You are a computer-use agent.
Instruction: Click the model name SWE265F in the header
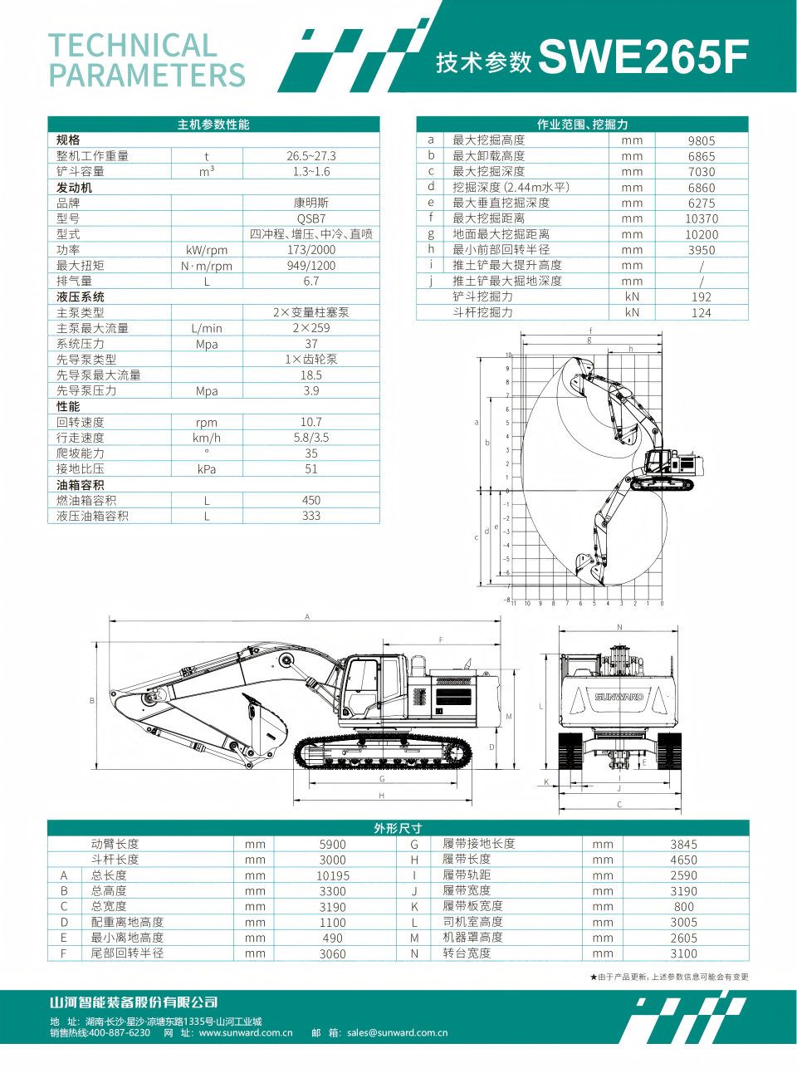(x=643, y=57)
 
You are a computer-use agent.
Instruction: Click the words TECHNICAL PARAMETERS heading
(x=147, y=60)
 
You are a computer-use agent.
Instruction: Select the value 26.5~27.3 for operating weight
(x=311, y=156)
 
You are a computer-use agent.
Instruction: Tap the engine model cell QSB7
(x=311, y=218)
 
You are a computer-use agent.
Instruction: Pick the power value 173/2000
(x=311, y=250)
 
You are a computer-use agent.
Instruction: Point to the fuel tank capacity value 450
(x=311, y=501)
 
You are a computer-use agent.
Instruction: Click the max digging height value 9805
(x=702, y=141)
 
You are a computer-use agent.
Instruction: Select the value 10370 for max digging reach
(x=702, y=219)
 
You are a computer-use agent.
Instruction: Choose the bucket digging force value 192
(x=702, y=297)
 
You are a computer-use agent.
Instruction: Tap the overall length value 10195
(x=333, y=876)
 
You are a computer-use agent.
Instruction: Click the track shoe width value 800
(x=684, y=907)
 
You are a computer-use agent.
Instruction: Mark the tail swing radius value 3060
(x=333, y=954)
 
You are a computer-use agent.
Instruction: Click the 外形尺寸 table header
(x=398, y=828)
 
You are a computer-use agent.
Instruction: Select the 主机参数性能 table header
(x=213, y=125)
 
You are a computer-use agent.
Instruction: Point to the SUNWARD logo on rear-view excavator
(x=619, y=697)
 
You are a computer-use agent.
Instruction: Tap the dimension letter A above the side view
(x=307, y=617)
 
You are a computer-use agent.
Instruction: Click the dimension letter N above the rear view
(x=619, y=627)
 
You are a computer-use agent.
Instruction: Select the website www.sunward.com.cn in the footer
(x=246, y=1033)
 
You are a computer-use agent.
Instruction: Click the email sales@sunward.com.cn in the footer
(x=397, y=1033)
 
